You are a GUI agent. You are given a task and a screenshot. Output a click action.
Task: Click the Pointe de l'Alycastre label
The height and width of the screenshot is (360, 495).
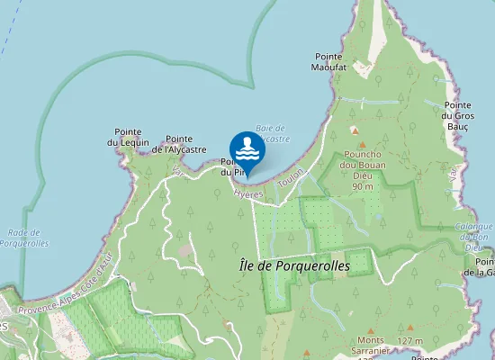point(179,144)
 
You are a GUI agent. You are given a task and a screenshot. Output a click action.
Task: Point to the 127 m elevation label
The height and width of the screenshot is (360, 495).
point(409,341)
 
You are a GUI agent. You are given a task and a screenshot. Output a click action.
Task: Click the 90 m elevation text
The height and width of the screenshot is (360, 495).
point(363,186)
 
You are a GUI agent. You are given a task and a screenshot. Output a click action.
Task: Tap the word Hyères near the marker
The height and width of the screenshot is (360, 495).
point(248,193)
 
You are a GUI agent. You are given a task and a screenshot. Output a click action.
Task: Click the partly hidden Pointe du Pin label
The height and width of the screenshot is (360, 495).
point(226,167)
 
